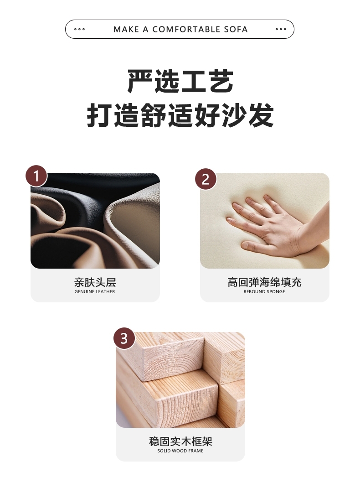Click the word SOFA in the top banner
click(x=236, y=29)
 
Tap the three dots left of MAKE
click(x=79, y=29)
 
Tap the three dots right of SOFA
click(x=281, y=29)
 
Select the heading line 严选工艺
click(x=180, y=81)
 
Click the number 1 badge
click(x=36, y=176)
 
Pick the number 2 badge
click(x=206, y=180)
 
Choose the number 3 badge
click(x=124, y=338)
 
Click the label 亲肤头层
click(x=95, y=282)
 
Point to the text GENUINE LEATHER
click(x=95, y=292)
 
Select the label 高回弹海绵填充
click(x=264, y=282)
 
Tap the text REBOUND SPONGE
click(x=264, y=292)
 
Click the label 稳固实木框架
click(x=180, y=441)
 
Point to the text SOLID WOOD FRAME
click(x=180, y=451)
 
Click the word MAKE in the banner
click(x=126, y=29)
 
